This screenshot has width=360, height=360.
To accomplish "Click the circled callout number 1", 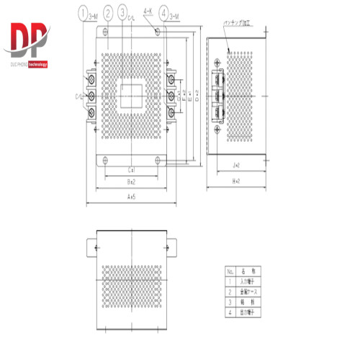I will pos(84,13).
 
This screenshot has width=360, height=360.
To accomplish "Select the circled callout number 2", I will pos(107,13).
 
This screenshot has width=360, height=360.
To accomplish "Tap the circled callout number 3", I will pos(124,13).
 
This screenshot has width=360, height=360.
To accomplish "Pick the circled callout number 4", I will pos(165,13).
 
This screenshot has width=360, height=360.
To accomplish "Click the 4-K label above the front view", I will pos(148,11).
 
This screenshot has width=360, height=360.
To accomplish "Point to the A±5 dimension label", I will pos(133,196).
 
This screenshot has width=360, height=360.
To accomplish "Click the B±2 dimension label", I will pos(132,182).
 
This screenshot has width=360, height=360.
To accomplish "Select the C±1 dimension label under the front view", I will pos(132,169).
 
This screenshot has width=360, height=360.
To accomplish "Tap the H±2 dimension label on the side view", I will pos(235,181).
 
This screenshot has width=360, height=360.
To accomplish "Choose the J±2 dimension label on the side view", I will pos(236,166).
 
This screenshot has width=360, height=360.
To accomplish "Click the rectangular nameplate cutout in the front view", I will pos(132,94).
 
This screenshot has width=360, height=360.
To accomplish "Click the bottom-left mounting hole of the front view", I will pos(106,159).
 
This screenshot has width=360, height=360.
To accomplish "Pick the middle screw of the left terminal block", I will pos(93,95).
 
